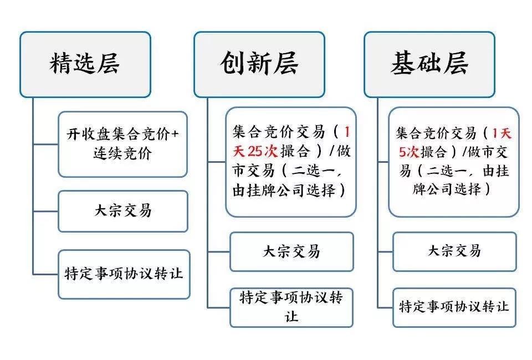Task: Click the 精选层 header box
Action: [85, 64]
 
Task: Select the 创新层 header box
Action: [259, 64]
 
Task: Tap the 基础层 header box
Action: [429, 64]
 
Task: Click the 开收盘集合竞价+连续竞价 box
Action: [123, 145]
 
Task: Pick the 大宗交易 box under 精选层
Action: [123, 211]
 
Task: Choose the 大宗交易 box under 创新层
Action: [292, 252]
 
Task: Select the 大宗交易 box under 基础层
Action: [454, 251]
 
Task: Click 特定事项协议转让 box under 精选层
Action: [124, 274]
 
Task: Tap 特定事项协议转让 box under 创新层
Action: [291, 308]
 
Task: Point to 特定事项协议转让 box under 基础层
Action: [454, 307]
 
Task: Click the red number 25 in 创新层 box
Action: [255, 151]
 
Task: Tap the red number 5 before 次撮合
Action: [402, 152]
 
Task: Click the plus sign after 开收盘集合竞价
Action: [175, 134]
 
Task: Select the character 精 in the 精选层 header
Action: [61, 63]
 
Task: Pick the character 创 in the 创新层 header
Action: [232, 63]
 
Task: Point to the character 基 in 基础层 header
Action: [403, 63]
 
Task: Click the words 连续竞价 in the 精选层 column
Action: [123, 153]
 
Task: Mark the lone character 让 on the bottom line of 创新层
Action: [291, 317]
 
